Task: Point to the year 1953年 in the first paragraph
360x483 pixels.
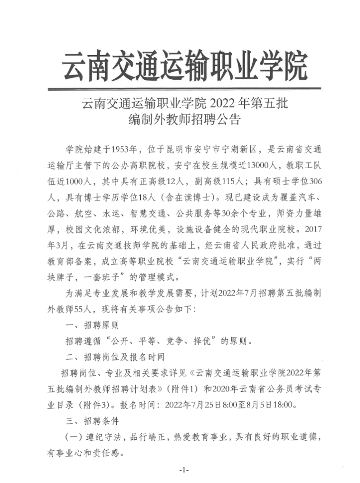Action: point(125,150)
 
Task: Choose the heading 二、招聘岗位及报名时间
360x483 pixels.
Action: point(114,357)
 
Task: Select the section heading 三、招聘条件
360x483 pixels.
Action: point(92,421)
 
